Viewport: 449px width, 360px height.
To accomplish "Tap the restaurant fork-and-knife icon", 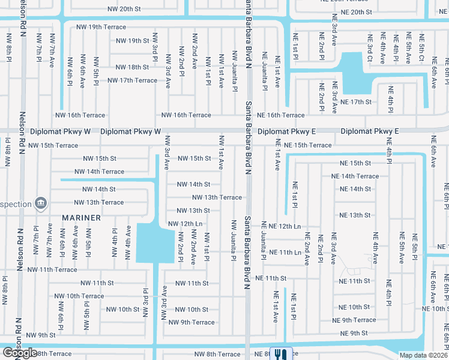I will [282, 354].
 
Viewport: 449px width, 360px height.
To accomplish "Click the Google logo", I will [20, 353].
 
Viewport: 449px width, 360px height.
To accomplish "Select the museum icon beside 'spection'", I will [41, 203].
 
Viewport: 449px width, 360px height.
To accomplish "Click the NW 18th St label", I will [132, 67].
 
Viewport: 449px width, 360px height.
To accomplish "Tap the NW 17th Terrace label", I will [132, 80].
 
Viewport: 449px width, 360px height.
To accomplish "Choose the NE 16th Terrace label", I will [280, 115].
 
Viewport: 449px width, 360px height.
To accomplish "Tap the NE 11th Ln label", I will [285, 253].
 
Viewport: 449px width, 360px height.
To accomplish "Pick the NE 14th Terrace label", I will [355, 176].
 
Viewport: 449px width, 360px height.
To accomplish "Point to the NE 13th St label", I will [355, 215].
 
